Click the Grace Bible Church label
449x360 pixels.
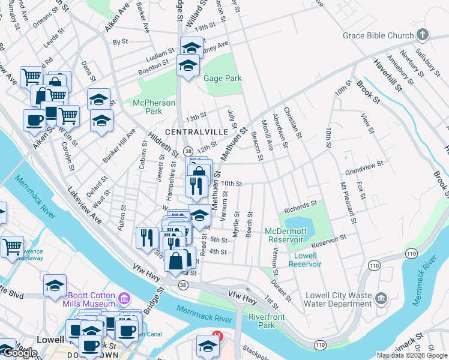[x=378, y=35]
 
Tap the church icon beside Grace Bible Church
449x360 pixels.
[x=423, y=35]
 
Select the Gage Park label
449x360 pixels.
[x=222, y=79]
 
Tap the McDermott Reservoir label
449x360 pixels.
[x=286, y=235]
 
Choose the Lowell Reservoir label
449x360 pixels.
[x=306, y=259]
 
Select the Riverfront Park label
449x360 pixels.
[x=259, y=321]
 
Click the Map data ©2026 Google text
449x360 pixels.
[x=411, y=355]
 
